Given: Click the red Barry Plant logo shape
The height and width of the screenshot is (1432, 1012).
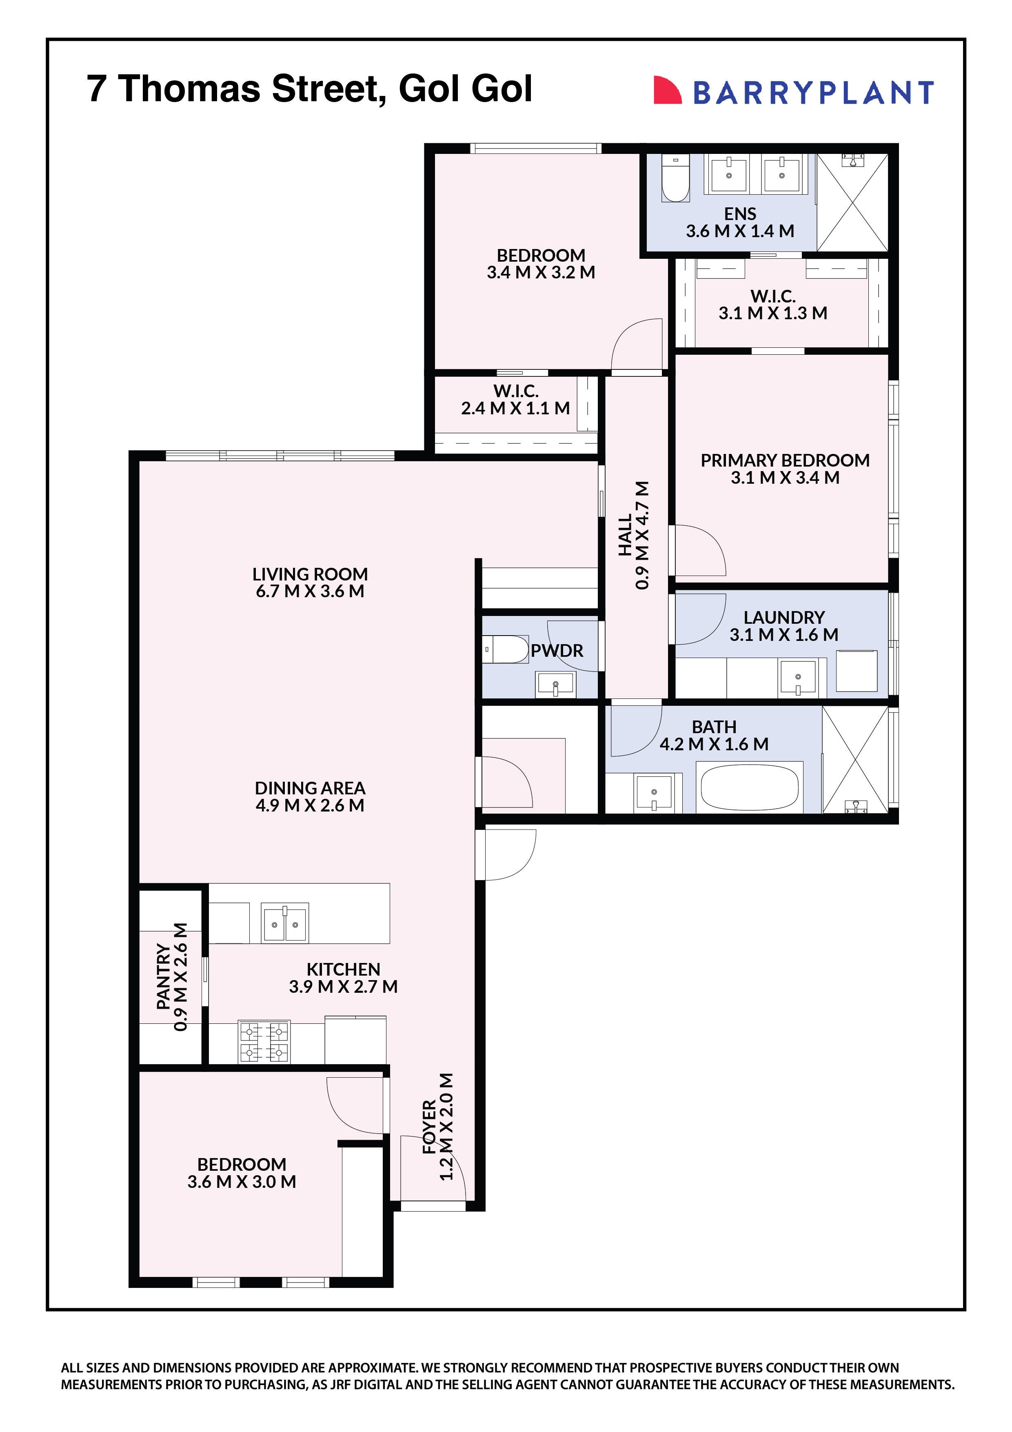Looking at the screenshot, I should tap(666, 91).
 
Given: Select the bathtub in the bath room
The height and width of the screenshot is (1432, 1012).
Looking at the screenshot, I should tap(749, 788).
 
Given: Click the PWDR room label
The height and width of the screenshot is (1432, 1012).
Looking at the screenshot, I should tap(557, 651).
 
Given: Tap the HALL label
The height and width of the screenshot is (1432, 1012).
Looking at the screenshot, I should tap(626, 535).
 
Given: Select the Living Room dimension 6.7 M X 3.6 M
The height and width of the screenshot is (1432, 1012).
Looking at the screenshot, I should tap(310, 591).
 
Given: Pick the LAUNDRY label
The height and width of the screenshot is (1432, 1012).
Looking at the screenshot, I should tap(784, 618).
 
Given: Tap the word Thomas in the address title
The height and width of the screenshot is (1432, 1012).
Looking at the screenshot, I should tap(189, 89).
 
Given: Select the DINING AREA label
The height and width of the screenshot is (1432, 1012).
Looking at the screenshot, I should tap(310, 788).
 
